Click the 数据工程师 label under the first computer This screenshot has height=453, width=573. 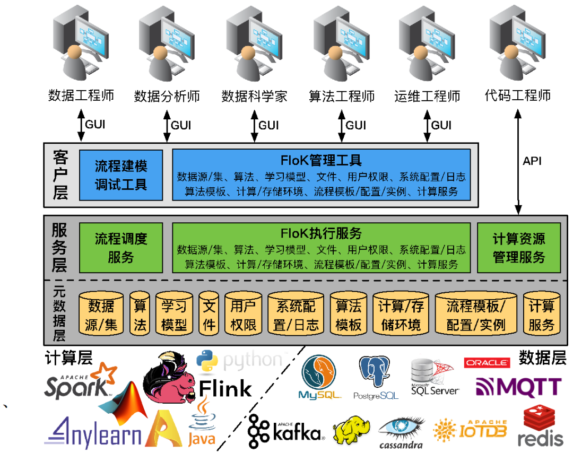(x=81, y=95)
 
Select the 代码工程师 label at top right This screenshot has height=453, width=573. (x=518, y=95)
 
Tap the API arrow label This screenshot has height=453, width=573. (x=532, y=161)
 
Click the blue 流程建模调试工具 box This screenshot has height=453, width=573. (x=121, y=175)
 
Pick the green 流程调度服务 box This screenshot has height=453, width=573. (x=121, y=248)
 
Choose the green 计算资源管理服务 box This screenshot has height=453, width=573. (x=519, y=248)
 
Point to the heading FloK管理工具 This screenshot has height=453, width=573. (x=321, y=160)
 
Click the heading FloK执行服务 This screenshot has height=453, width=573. (x=321, y=233)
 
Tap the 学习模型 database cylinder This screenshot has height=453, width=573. (x=174, y=314)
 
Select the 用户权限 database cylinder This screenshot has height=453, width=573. (x=244, y=314)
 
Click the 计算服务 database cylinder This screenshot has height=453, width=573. (x=541, y=314)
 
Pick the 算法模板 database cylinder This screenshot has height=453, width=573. (x=349, y=314)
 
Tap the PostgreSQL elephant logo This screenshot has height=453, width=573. (x=376, y=378)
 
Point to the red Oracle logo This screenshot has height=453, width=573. (x=487, y=363)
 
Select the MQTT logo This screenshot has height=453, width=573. (x=518, y=387)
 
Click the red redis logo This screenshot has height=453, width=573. (x=540, y=426)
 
